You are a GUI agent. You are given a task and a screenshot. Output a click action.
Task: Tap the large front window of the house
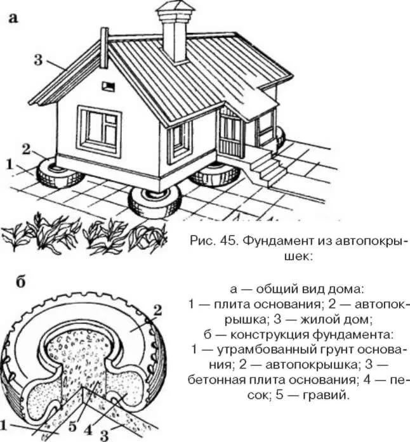[x=100, y=131]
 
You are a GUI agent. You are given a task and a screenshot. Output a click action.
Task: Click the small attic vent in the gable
[x=109, y=86]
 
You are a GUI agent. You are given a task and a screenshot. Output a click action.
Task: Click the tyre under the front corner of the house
[x=155, y=201]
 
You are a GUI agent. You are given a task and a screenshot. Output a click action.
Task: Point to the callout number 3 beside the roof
[x=38, y=60]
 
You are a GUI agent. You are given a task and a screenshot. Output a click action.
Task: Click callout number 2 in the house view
[x=26, y=149]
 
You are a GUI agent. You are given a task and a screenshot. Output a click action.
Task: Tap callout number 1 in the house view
[x=10, y=165]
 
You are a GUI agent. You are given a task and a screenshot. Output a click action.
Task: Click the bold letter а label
[x=13, y=18]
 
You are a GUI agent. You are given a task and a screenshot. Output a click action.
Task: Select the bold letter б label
[x=20, y=282]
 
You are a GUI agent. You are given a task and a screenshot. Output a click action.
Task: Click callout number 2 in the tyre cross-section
[x=157, y=310]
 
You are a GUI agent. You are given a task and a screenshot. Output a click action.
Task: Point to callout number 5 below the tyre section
[x=72, y=427]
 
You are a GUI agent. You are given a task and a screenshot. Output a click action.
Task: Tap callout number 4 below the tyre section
[x=88, y=431]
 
